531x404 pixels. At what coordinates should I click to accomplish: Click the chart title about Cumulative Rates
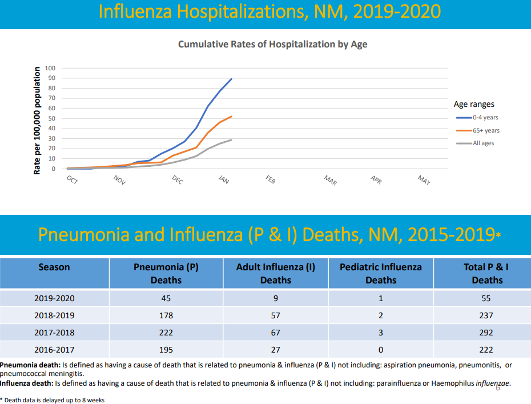pos(272,45)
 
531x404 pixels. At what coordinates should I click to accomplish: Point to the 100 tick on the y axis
pos(50,68)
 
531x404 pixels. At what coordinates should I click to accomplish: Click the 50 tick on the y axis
pos(52,118)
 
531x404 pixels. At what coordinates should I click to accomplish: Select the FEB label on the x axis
pos(271,179)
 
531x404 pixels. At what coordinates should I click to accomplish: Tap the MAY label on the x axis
pos(424,180)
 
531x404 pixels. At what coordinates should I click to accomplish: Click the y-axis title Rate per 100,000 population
pos(37,121)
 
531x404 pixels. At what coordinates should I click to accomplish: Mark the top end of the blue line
pos(231,79)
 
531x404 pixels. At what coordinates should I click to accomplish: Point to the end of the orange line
pos(231,116)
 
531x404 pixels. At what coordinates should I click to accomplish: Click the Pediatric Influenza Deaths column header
pos(380,273)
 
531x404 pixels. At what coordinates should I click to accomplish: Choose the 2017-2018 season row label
pos(54,332)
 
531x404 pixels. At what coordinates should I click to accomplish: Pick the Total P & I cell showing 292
pos(486,332)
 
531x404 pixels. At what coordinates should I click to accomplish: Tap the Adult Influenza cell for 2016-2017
pos(275,349)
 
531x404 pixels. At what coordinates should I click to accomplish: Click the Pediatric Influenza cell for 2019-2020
pos(380,298)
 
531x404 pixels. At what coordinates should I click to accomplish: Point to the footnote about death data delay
pos(53,400)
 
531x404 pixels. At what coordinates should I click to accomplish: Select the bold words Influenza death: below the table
pos(26,383)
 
